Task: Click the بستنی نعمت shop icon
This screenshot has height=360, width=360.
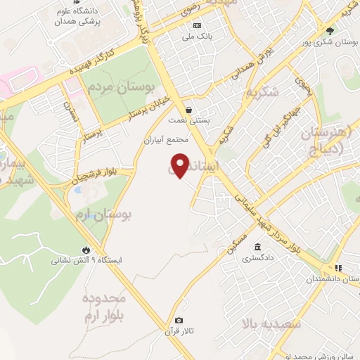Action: (x=189, y=110)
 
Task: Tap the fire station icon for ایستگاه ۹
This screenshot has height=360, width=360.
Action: (x=86, y=250)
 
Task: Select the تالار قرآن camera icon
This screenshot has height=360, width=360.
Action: (x=179, y=321)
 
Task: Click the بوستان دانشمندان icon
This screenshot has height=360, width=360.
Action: (x=338, y=269)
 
